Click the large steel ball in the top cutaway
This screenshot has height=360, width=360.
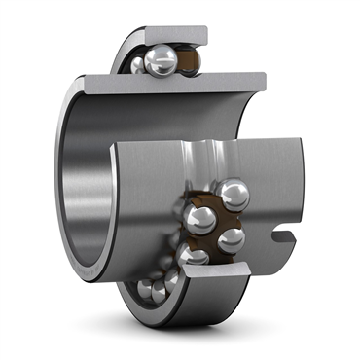160,59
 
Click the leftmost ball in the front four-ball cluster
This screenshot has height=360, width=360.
200,219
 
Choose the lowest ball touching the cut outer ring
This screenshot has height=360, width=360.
194,255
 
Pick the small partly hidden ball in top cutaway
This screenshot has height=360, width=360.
138,65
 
